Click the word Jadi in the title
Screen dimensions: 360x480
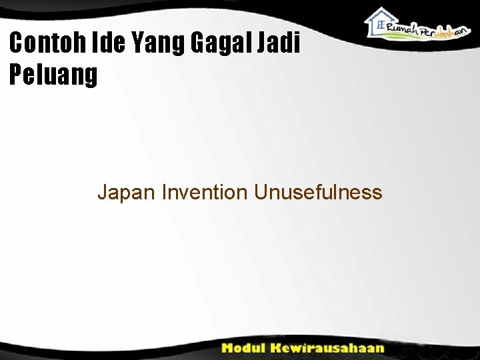[283, 44]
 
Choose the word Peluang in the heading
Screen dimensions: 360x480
[53, 75]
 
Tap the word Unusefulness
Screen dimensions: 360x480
[317, 193]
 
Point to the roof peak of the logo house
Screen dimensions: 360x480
[381, 9]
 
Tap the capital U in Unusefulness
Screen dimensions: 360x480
[260, 193]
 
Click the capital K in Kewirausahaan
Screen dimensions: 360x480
[279, 348]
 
